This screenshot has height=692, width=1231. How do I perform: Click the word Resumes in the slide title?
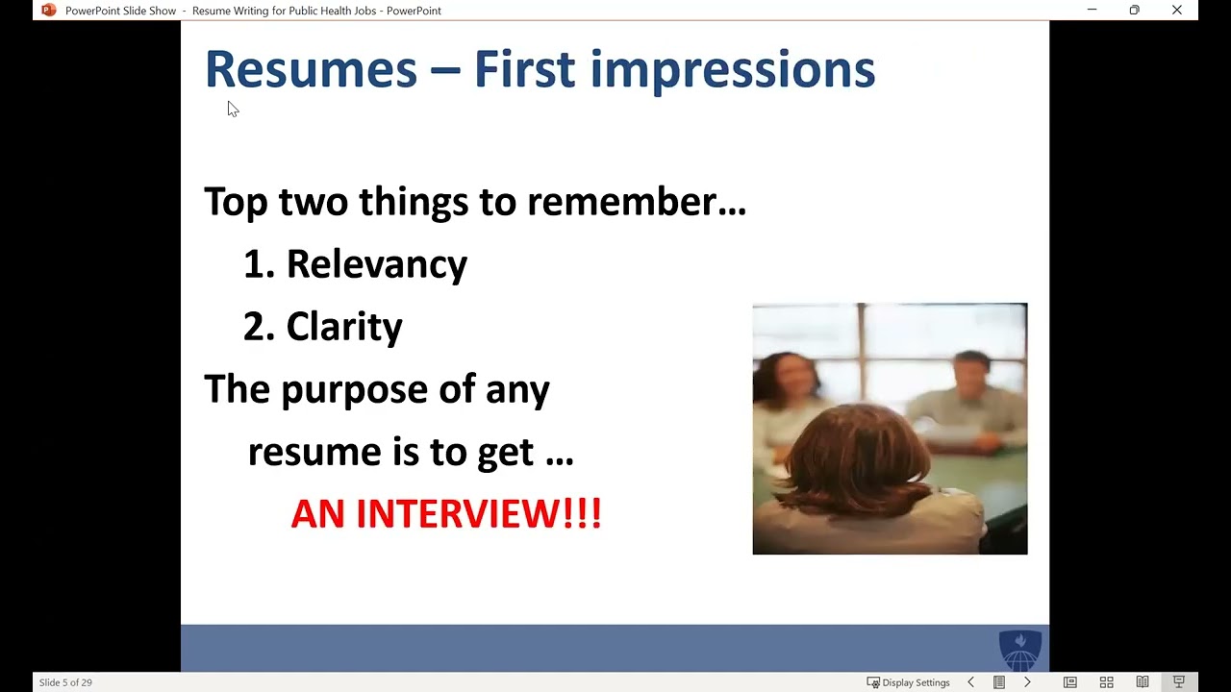pyautogui.click(x=311, y=70)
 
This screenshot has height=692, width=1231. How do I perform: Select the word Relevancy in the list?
pyautogui.click(x=376, y=264)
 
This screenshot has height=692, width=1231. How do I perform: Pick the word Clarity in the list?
pyautogui.click(x=344, y=327)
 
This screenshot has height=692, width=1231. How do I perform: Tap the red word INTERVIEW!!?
pyautogui.click(x=478, y=514)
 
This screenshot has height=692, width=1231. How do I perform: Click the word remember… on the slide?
pyautogui.click(x=636, y=202)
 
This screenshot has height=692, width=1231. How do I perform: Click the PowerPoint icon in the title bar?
pyautogui.click(x=49, y=11)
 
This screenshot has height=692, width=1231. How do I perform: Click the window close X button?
pyautogui.click(x=1176, y=11)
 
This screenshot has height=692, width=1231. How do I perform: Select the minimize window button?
pyautogui.click(x=1092, y=11)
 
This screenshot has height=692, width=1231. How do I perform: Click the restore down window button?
pyautogui.click(x=1134, y=11)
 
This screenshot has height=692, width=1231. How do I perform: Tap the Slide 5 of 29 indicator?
pyautogui.click(x=65, y=682)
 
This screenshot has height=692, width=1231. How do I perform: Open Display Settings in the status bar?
pyautogui.click(x=908, y=682)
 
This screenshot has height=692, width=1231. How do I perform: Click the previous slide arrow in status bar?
pyautogui.click(x=970, y=682)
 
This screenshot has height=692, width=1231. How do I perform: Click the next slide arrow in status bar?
pyautogui.click(x=1027, y=682)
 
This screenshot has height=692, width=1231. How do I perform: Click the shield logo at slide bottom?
pyautogui.click(x=1020, y=650)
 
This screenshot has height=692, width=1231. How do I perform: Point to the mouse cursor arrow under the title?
pyautogui.click(x=233, y=109)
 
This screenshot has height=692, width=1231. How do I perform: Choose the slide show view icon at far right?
pyautogui.click(x=1178, y=682)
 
